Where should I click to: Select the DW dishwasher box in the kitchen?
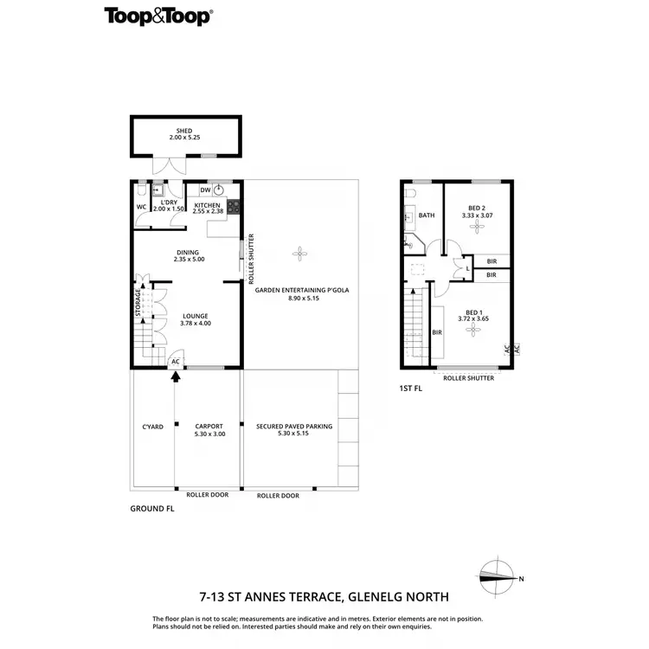[205, 190]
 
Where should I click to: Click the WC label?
[141, 207]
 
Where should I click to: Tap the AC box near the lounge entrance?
[176, 362]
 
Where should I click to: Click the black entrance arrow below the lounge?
[176, 376]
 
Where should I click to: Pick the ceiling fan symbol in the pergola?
[300, 254]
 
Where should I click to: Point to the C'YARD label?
[152, 427]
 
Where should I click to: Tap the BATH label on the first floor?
[427, 215]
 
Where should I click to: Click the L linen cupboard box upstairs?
[467, 269]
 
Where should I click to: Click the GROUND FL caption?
[152, 509]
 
